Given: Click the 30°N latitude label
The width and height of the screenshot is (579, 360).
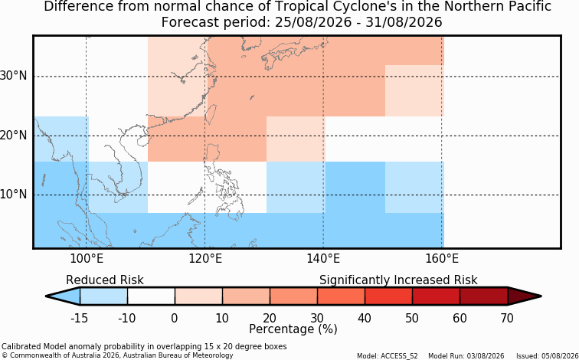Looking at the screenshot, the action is [14, 77].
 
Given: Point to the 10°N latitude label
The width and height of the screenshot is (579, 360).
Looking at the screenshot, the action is [14, 195].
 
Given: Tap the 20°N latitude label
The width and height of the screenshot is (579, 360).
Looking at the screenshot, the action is [14, 136].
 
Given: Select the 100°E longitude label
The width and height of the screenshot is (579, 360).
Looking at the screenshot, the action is [87, 259].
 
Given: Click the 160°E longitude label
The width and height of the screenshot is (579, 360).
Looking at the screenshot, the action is [442, 259].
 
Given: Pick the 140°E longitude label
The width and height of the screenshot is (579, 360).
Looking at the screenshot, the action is [323, 259].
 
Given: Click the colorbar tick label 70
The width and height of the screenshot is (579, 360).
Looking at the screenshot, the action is [507, 318].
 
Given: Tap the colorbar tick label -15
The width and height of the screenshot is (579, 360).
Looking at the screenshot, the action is [79, 318].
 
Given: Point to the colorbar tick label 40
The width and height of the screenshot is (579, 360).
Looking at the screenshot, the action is [365, 318].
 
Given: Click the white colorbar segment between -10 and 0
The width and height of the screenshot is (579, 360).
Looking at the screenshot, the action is [151, 296].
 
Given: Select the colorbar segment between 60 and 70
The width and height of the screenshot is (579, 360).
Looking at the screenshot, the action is [484, 296].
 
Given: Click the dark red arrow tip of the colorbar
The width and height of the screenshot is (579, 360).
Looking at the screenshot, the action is [541, 296].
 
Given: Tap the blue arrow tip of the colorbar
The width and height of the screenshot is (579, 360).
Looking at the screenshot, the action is [47, 296].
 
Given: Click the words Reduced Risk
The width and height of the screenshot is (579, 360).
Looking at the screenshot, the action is [105, 280].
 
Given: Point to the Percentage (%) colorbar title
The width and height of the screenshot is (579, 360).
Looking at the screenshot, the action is [293, 329].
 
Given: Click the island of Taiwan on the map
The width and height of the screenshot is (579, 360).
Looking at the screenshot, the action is [211, 113].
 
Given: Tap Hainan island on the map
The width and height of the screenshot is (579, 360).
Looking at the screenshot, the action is [142, 142].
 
